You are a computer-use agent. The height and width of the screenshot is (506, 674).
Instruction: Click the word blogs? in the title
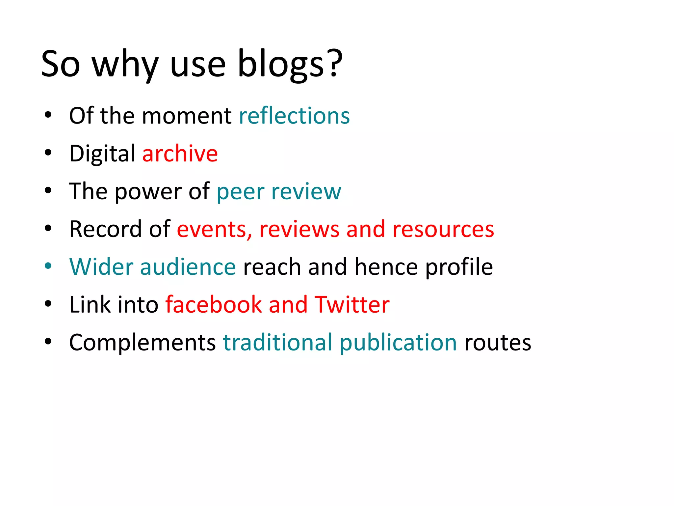click(290, 64)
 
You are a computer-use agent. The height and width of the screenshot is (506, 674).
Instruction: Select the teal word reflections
click(294, 116)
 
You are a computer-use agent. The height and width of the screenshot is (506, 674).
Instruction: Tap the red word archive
click(180, 154)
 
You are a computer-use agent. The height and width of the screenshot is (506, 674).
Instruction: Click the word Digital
click(102, 154)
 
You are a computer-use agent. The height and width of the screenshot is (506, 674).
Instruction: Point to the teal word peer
click(240, 192)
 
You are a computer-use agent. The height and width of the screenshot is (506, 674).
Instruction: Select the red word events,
click(214, 229)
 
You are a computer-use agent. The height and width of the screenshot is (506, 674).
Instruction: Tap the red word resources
click(443, 230)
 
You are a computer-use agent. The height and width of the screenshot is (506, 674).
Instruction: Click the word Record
click(105, 229)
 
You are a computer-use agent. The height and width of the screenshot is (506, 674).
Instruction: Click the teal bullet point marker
click(48, 266)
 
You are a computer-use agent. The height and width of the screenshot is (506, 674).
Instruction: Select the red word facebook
click(213, 305)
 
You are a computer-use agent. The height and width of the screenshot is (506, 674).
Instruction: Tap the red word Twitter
click(352, 305)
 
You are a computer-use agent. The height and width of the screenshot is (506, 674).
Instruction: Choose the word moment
click(187, 116)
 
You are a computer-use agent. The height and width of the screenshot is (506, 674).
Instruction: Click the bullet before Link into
click(48, 304)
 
